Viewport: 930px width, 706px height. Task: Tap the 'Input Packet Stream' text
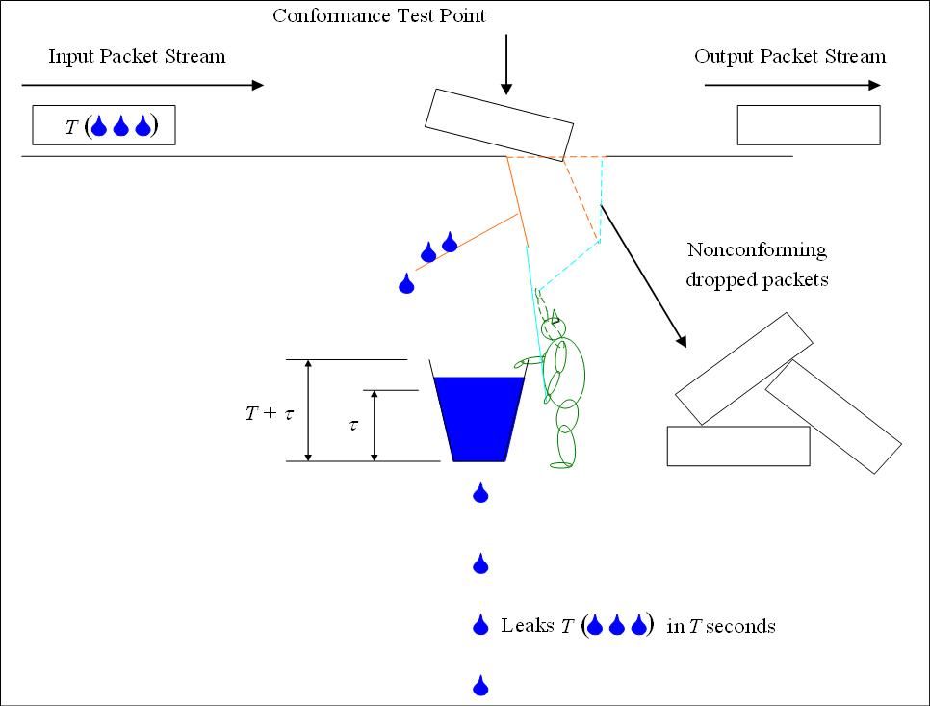(x=137, y=57)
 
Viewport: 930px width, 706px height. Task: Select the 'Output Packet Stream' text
(x=789, y=57)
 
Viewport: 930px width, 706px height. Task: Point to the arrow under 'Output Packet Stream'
(x=792, y=85)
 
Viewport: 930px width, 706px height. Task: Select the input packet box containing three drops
(x=104, y=125)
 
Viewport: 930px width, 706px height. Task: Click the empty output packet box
(x=808, y=125)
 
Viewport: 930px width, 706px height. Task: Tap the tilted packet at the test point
(x=500, y=122)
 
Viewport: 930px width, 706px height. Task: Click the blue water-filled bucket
(x=478, y=418)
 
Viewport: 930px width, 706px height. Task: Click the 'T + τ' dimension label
(x=269, y=414)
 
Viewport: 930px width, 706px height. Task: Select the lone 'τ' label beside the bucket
(x=353, y=424)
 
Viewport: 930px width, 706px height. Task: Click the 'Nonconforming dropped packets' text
(x=756, y=265)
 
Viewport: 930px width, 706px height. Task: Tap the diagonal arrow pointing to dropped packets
(x=643, y=275)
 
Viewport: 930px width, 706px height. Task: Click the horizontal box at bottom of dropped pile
(x=737, y=446)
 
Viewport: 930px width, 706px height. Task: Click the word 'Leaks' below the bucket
(x=527, y=626)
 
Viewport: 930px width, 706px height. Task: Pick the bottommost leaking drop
(x=480, y=686)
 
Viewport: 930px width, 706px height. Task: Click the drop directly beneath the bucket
(x=480, y=494)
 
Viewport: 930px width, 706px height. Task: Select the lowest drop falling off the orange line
(x=406, y=283)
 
